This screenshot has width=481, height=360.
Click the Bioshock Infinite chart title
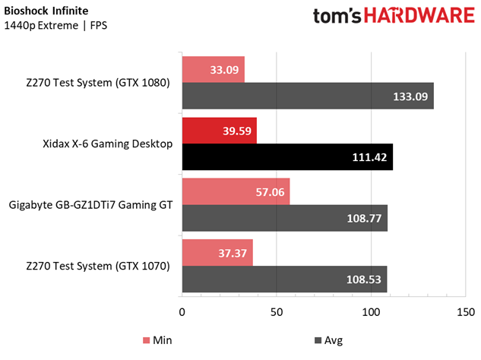click(x=46, y=11)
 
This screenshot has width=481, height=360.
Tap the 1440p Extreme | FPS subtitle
click(x=55, y=26)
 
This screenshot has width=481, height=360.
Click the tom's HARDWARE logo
click(x=394, y=16)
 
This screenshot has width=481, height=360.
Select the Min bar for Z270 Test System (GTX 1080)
click(x=214, y=69)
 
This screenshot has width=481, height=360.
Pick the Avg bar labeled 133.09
click(x=308, y=96)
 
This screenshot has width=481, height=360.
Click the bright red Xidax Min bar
click(x=220, y=131)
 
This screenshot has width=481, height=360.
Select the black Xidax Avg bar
click(x=287, y=156)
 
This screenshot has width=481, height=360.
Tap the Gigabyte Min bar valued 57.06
click(x=236, y=191)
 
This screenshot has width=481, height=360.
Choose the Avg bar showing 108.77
click(x=285, y=218)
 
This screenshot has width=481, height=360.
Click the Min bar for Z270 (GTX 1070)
click(x=217, y=252)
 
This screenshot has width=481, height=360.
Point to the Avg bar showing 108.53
click(x=284, y=279)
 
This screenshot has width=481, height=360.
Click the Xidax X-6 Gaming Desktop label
click(x=108, y=144)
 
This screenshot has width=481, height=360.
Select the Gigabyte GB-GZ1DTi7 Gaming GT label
click(x=90, y=204)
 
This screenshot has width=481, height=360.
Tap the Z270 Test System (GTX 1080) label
click(x=98, y=83)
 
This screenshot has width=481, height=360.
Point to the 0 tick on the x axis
click(x=182, y=312)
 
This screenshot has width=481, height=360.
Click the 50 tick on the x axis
click(x=277, y=312)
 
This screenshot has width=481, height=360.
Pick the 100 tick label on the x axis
click(x=371, y=312)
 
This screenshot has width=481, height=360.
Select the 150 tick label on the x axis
click(x=466, y=312)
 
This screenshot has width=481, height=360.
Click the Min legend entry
click(x=157, y=340)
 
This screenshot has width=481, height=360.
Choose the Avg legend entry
click(x=328, y=340)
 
